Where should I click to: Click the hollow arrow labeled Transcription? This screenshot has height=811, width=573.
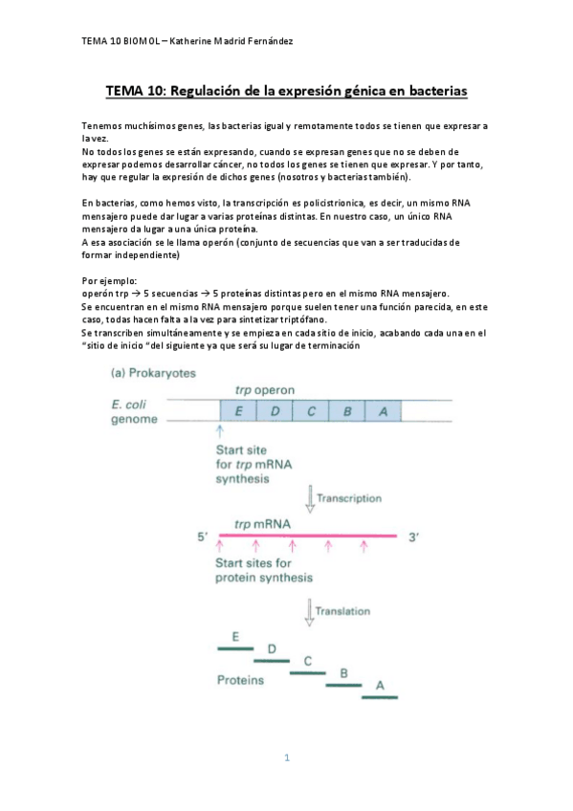(x=309, y=498)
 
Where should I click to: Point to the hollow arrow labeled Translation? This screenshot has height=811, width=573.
(x=309, y=612)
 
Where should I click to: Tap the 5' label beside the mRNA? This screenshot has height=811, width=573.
(x=202, y=537)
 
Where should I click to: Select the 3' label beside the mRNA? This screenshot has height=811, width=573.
(x=414, y=537)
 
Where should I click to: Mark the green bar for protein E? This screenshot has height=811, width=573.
(x=235, y=648)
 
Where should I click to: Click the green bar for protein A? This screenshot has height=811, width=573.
(x=380, y=696)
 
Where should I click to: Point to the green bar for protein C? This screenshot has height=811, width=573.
(x=307, y=672)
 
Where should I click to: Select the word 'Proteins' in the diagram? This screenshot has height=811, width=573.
(x=239, y=681)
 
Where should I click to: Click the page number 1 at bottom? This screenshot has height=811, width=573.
(x=286, y=758)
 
